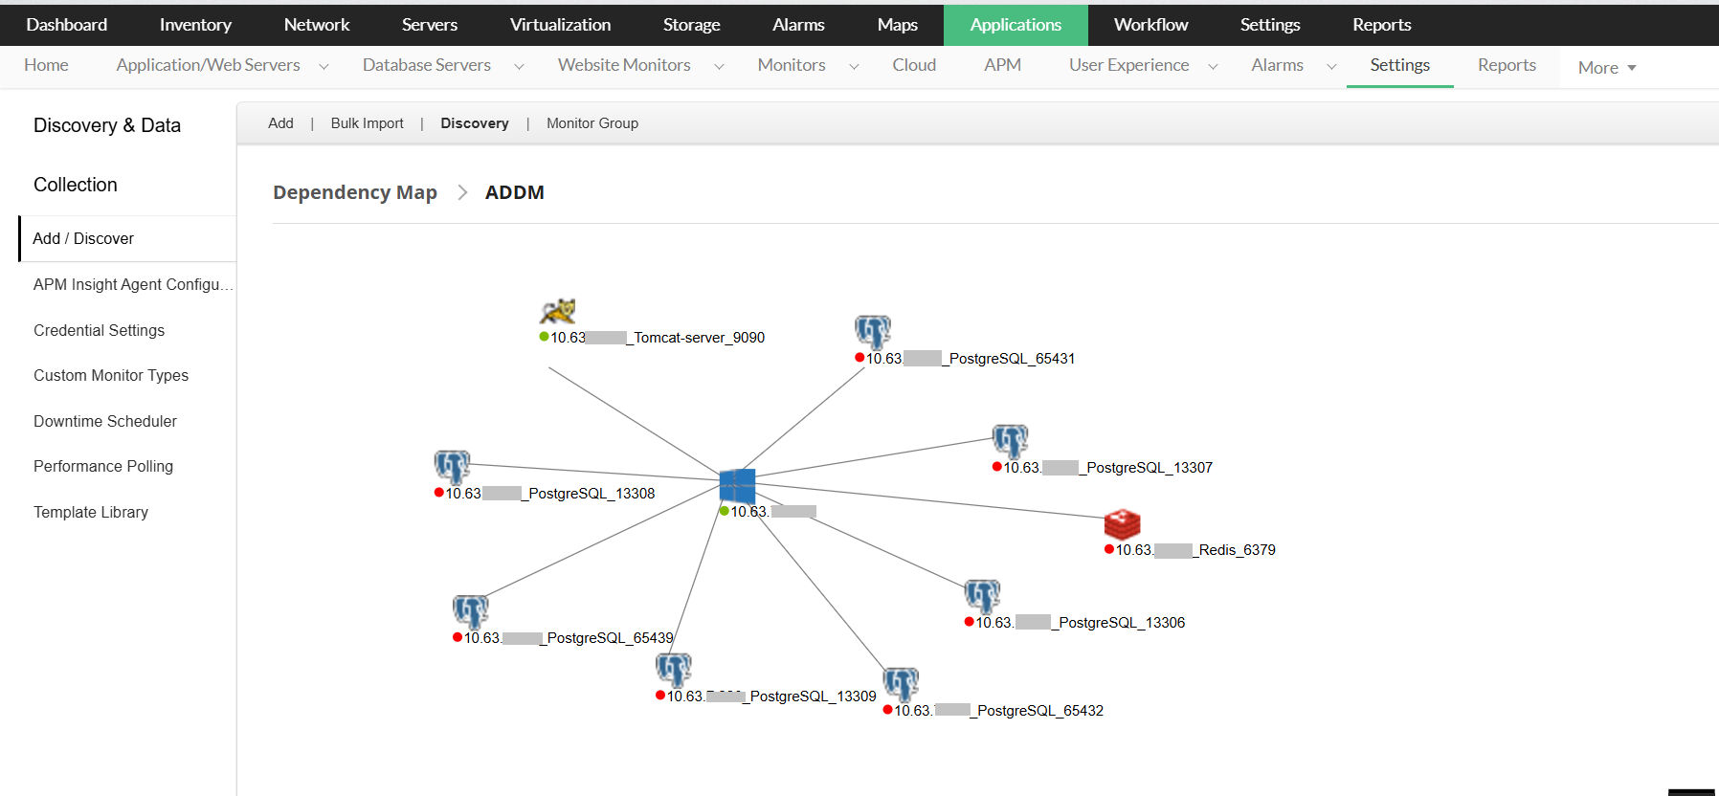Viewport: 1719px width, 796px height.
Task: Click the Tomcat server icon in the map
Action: pyautogui.click(x=557, y=311)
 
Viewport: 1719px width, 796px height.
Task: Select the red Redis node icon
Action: pyautogui.click(x=1122, y=524)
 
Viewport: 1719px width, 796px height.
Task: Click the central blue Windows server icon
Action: pyautogui.click(x=737, y=486)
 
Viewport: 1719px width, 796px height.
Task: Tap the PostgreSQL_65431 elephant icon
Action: pyautogui.click(x=872, y=332)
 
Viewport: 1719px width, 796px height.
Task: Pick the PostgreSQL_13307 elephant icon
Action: pyautogui.click(x=1010, y=441)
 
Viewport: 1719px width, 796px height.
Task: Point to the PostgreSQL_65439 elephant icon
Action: pyautogui.click(x=470, y=611)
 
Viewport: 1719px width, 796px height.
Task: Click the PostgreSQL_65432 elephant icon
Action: pyautogui.click(x=901, y=684)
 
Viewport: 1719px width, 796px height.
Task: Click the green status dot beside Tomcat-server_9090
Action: pyautogui.click(x=544, y=337)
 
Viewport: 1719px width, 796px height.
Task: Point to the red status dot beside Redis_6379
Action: pyautogui.click(x=1109, y=549)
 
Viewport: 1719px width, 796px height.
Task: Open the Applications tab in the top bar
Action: pyautogui.click(x=1016, y=25)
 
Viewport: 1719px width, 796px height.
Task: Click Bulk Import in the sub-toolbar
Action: pyautogui.click(x=367, y=123)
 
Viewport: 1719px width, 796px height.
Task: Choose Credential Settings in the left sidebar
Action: pyautogui.click(x=99, y=330)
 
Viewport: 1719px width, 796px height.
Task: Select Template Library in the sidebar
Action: pyautogui.click(x=91, y=512)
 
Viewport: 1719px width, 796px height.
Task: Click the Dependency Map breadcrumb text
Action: pyautogui.click(x=354, y=192)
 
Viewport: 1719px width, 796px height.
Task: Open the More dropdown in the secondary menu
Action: pyautogui.click(x=1606, y=68)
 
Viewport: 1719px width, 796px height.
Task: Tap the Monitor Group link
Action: pyautogui.click(x=592, y=123)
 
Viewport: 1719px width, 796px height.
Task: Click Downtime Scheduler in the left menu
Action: pyautogui.click(x=105, y=421)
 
